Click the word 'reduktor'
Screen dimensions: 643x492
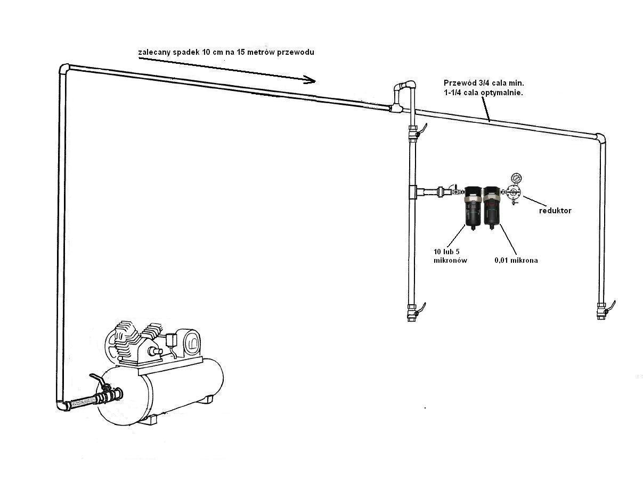point(555,211)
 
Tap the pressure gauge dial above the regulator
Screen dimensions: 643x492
point(516,178)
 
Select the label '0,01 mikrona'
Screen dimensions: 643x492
point(516,260)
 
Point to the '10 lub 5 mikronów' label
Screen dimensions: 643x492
point(450,256)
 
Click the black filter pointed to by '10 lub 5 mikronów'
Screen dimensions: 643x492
point(473,208)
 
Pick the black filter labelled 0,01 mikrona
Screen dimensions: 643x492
point(492,207)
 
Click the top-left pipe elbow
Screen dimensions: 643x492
point(64,70)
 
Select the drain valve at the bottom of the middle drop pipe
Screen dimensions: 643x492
point(414,312)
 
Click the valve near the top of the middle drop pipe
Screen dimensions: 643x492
point(415,131)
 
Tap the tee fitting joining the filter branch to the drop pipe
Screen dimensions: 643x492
point(414,193)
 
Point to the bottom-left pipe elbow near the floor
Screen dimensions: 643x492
point(62,405)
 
